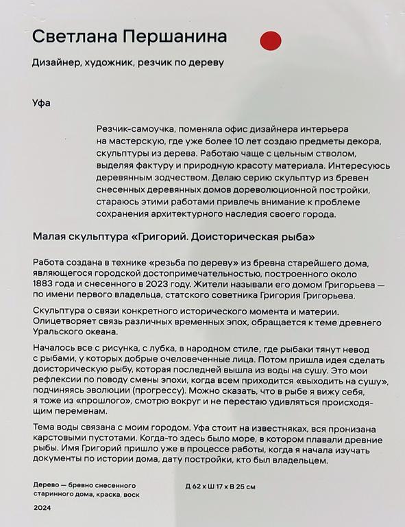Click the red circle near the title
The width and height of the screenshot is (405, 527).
click(271, 41)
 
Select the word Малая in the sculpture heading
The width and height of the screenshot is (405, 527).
click(49, 237)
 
